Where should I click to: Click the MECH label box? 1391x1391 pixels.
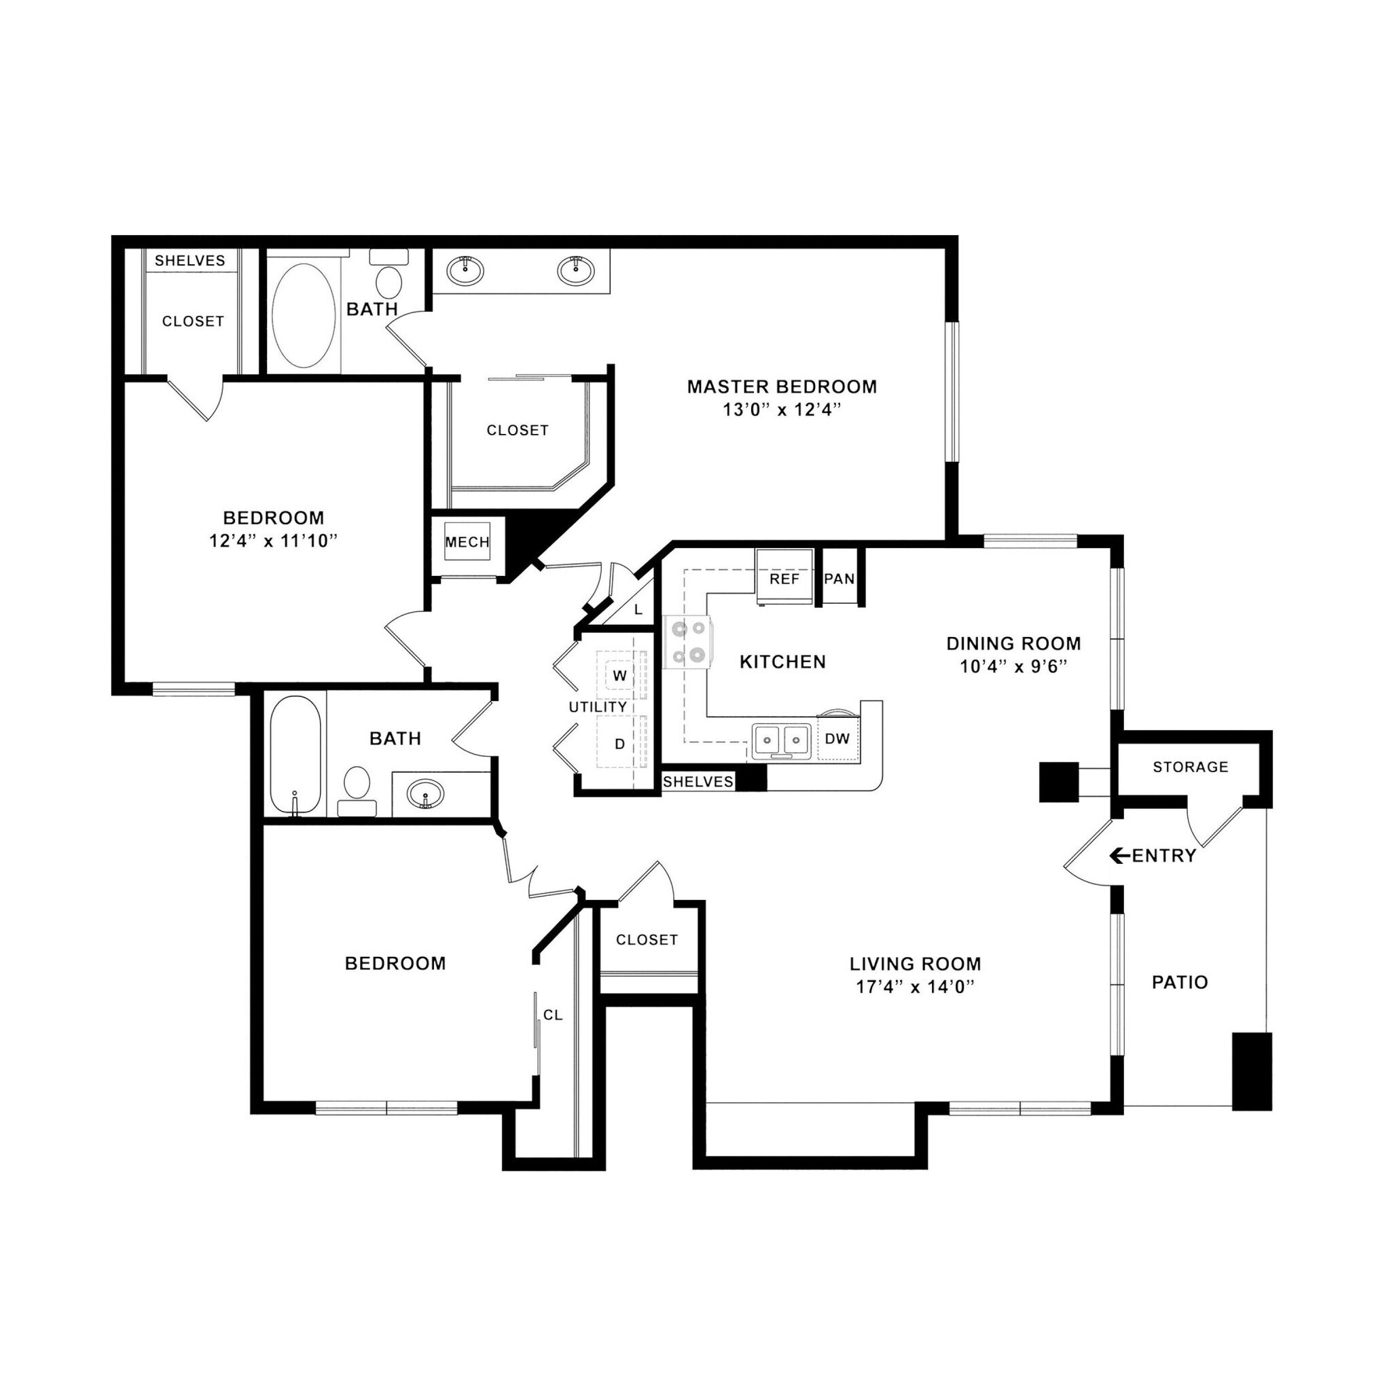(x=467, y=542)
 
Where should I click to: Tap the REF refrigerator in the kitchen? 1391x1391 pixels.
(x=784, y=577)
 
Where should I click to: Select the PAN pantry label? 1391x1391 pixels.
(x=839, y=578)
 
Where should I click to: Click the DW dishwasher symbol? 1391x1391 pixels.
(x=837, y=738)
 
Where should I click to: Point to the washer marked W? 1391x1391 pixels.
(x=619, y=676)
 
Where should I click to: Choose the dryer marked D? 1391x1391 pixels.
(x=619, y=744)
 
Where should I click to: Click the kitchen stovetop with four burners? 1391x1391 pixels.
(x=687, y=643)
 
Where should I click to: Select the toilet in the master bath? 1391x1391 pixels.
(x=389, y=280)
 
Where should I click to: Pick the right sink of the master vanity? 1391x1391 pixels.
(x=575, y=270)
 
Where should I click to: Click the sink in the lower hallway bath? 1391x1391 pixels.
(x=424, y=795)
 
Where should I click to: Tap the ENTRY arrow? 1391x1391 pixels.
(x=1118, y=855)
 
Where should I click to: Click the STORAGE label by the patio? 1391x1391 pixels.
(x=1190, y=767)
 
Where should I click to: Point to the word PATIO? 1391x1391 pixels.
(x=1179, y=982)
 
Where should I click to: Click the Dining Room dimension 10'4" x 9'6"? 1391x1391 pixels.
(x=1012, y=666)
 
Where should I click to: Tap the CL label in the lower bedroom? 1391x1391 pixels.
(x=552, y=1015)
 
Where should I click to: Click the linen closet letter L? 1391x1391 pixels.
(x=638, y=610)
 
